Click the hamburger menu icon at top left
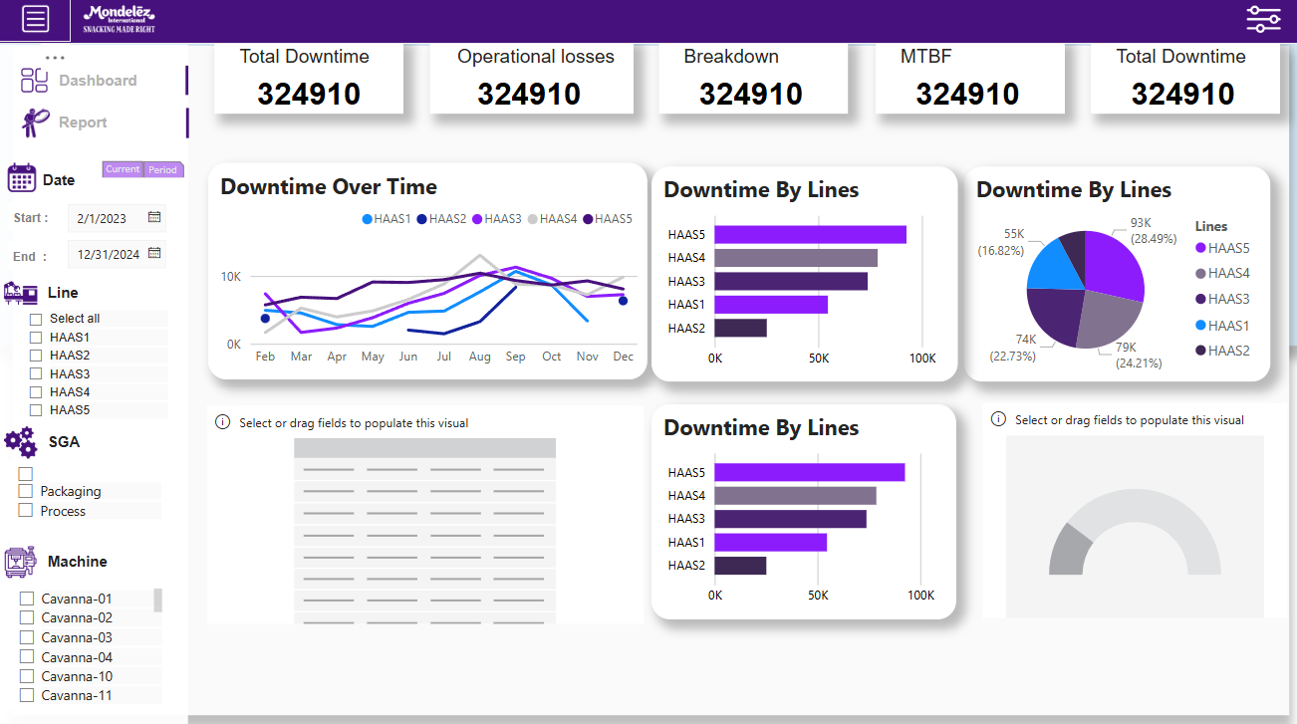[35, 19]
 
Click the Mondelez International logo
[119, 19]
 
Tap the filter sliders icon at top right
[1263, 19]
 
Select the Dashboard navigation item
[97, 81]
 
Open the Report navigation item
[82, 122]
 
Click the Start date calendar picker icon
[154, 217]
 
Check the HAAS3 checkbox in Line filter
[36, 374]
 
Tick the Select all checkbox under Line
[36, 319]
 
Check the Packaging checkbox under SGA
[26, 492]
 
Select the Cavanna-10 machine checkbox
[28, 677]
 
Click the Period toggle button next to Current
[162, 169]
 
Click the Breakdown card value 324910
[750, 95]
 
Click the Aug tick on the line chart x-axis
[479, 357]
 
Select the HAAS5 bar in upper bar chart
[810, 235]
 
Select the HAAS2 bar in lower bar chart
[740, 566]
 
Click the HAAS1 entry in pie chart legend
[1227, 326]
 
